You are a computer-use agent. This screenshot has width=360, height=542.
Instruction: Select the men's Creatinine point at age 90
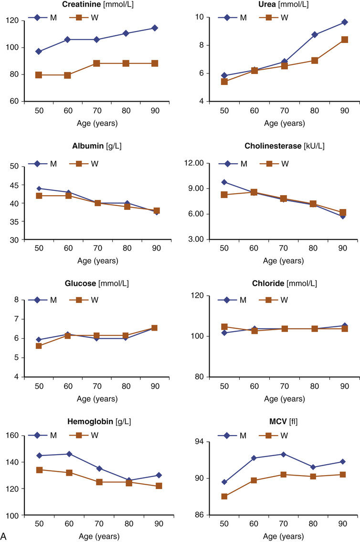(x=155, y=28)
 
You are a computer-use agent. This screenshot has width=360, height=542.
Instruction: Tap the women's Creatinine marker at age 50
(x=39, y=75)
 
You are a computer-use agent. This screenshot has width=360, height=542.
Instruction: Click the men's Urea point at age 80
(x=315, y=34)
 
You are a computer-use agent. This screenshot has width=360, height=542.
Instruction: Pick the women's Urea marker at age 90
(x=344, y=40)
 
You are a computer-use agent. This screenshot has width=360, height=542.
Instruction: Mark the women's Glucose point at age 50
(x=39, y=346)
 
